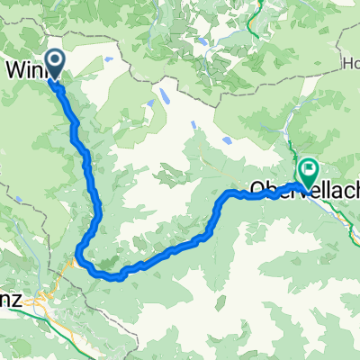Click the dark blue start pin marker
click(x=55, y=63)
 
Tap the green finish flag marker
click(x=309, y=168)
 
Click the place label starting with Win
click(x=27, y=68)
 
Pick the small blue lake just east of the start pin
click(x=107, y=59)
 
